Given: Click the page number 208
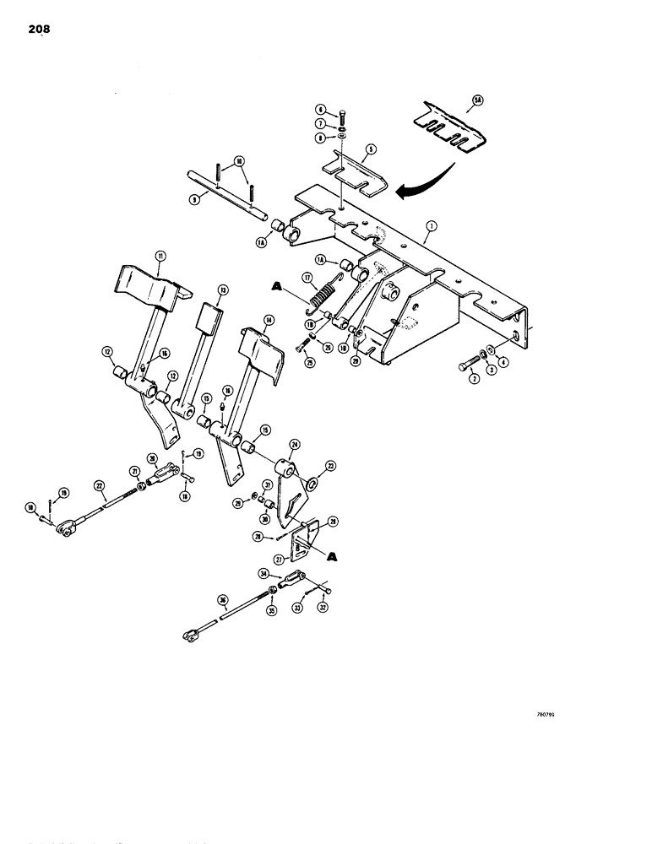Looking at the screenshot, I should [x=38, y=30].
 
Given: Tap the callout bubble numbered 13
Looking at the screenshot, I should [x=222, y=289].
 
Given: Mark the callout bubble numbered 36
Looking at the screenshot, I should [x=223, y=600].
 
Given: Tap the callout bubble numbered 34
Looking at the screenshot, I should [x=264, y=573].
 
